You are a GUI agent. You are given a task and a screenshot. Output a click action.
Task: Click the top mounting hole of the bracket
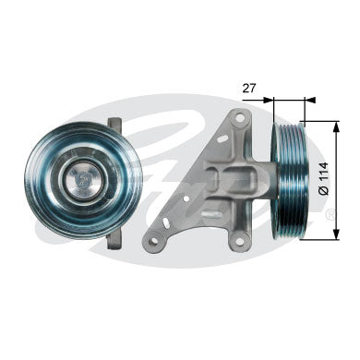coord(239,118)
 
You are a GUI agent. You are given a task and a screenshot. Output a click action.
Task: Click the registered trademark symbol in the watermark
coord(330,214)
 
